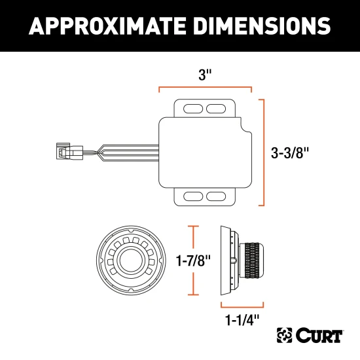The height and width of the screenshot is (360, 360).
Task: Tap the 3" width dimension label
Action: click(x=206, y=75)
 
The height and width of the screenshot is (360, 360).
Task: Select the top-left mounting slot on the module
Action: click(x=194, y=107)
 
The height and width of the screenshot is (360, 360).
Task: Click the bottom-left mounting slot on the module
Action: click(x=194, y=196)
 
